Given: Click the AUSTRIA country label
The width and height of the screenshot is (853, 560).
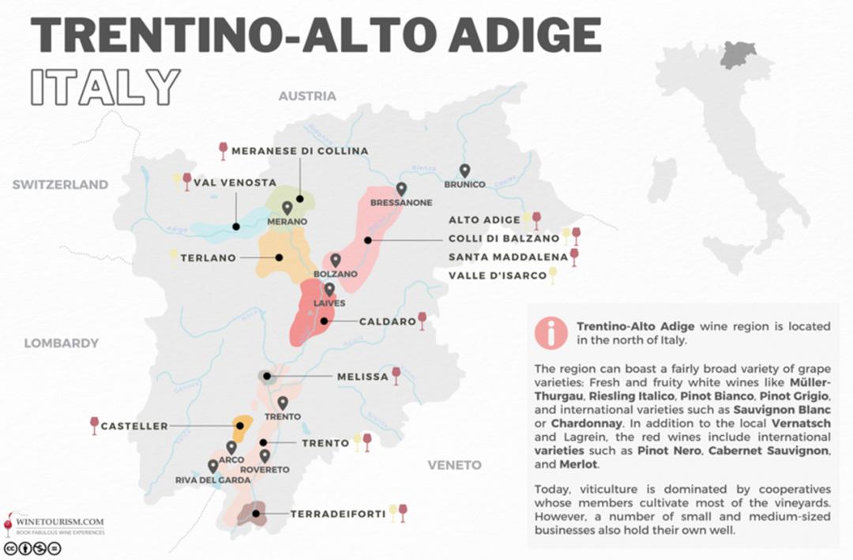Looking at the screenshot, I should click(x=306, y=96).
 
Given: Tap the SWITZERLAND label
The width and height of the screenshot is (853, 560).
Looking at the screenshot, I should click(x=60, y=185).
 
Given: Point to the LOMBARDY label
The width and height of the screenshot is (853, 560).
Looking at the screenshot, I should click(x=61, y=343).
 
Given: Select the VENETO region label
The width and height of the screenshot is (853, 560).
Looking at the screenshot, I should click(x=454, y=465).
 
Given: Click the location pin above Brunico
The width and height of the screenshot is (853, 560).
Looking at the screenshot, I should click(x=464, y=171).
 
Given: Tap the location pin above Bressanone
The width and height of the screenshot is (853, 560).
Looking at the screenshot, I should click(x=401, y=189).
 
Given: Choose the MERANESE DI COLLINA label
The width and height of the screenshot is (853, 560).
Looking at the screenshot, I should click(x=301, y=151).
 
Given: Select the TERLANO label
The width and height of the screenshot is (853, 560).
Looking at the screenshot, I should click(x=209, y=257).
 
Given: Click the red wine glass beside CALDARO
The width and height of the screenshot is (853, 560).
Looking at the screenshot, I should click(x=423, y=320).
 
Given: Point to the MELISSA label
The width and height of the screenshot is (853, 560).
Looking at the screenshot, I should click(x=363, y=377).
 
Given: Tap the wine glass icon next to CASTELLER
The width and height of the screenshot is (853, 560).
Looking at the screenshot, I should click(x=95, y=426).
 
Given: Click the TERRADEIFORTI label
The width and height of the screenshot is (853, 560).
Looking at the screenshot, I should click(x=338, y=514).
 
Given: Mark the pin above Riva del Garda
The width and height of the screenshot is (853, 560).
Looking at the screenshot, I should click(x=212, y=466).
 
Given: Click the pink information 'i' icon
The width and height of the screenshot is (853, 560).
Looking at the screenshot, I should click(x=550, y=333).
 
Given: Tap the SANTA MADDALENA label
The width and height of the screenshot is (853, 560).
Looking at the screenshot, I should click(x=508, y=257).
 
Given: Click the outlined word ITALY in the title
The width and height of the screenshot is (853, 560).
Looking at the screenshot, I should click(x=105, y=87).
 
